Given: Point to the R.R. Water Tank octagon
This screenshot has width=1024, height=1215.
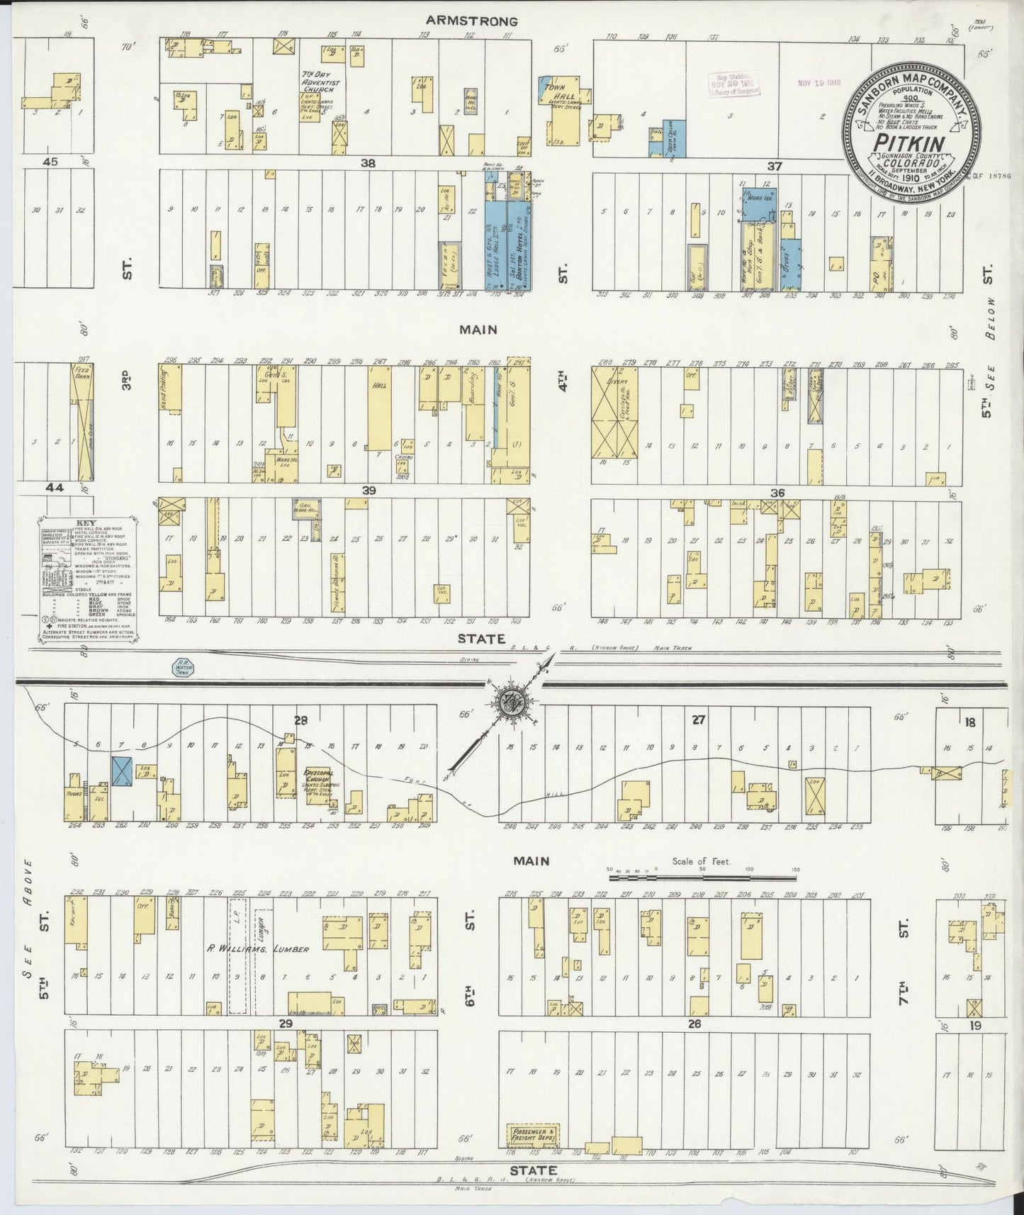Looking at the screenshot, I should (184, 668).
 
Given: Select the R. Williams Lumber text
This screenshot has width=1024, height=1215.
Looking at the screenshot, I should (258, 948).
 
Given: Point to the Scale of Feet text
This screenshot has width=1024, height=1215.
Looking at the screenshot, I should (702, 863).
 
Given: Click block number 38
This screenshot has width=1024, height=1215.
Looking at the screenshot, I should (368, 162).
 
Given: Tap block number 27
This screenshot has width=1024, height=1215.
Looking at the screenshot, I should (699, 720).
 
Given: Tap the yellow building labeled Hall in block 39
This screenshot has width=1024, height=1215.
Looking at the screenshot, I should (379, 408).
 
